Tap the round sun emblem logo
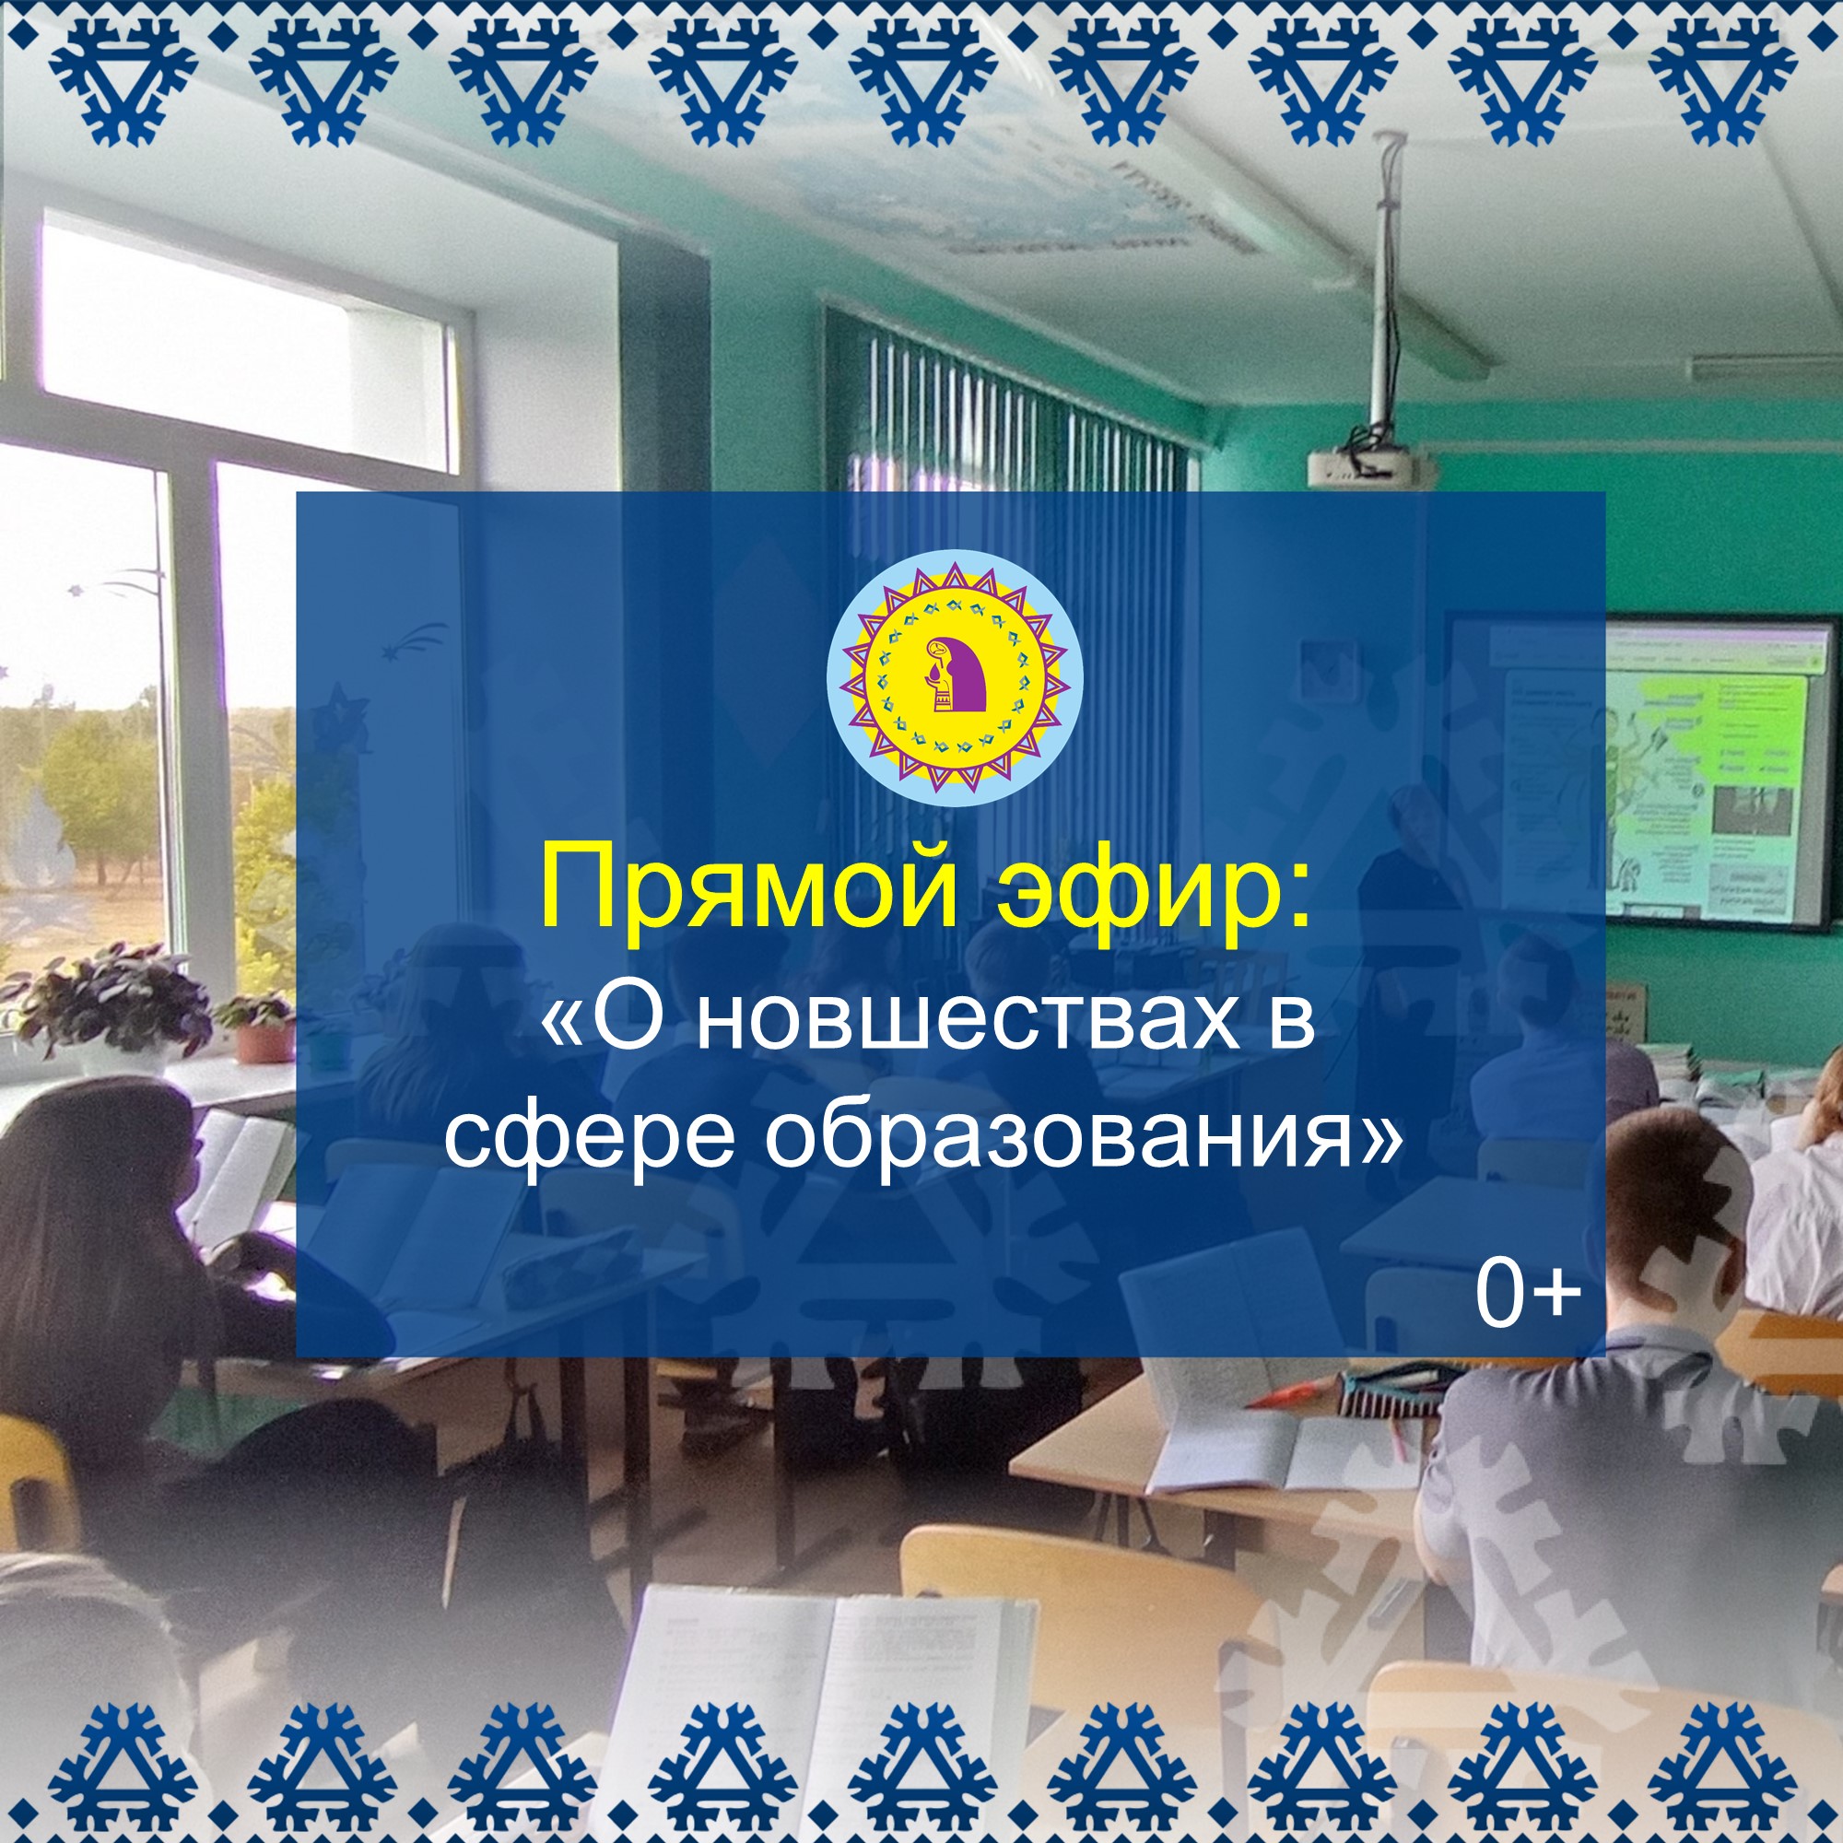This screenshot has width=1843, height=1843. tap(955, 677)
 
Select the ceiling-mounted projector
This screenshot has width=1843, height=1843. tap(1370, 464)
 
